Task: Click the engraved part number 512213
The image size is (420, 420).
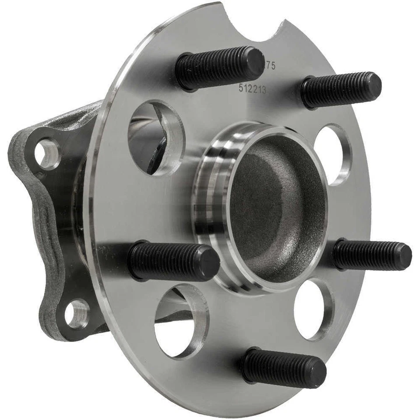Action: (252, 89)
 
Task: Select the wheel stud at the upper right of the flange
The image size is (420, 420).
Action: (341, 90)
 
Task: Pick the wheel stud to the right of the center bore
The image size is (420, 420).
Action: (372, 255)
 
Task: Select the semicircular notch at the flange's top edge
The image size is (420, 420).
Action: (254, 22)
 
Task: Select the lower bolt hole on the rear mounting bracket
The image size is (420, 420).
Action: (77, 313)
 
